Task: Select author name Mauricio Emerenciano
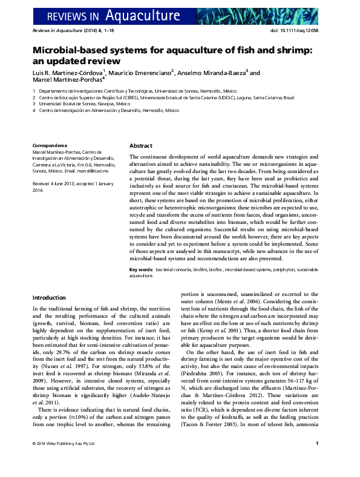pos(143,72)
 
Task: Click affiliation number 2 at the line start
pos(34,97)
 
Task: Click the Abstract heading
pos(141,146)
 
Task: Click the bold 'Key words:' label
pos(142,268)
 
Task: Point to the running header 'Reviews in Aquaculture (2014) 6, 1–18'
pos(68,30)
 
